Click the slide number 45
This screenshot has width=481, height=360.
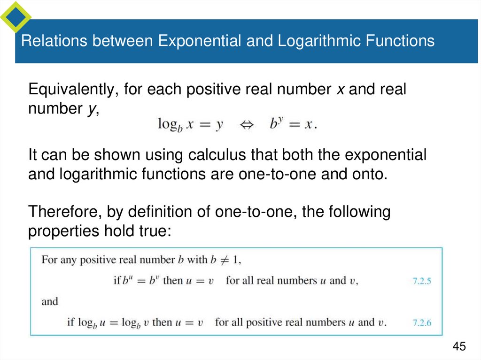(459, 346)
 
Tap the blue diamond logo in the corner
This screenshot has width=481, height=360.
(16, 17)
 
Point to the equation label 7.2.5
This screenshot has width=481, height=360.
(421, 282)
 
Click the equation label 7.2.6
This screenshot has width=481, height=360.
(421, 323)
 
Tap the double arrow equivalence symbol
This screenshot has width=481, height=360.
(247, 125)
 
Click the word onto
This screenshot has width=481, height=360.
(371, 174)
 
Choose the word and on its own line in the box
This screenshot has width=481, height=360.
(49, 301)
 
